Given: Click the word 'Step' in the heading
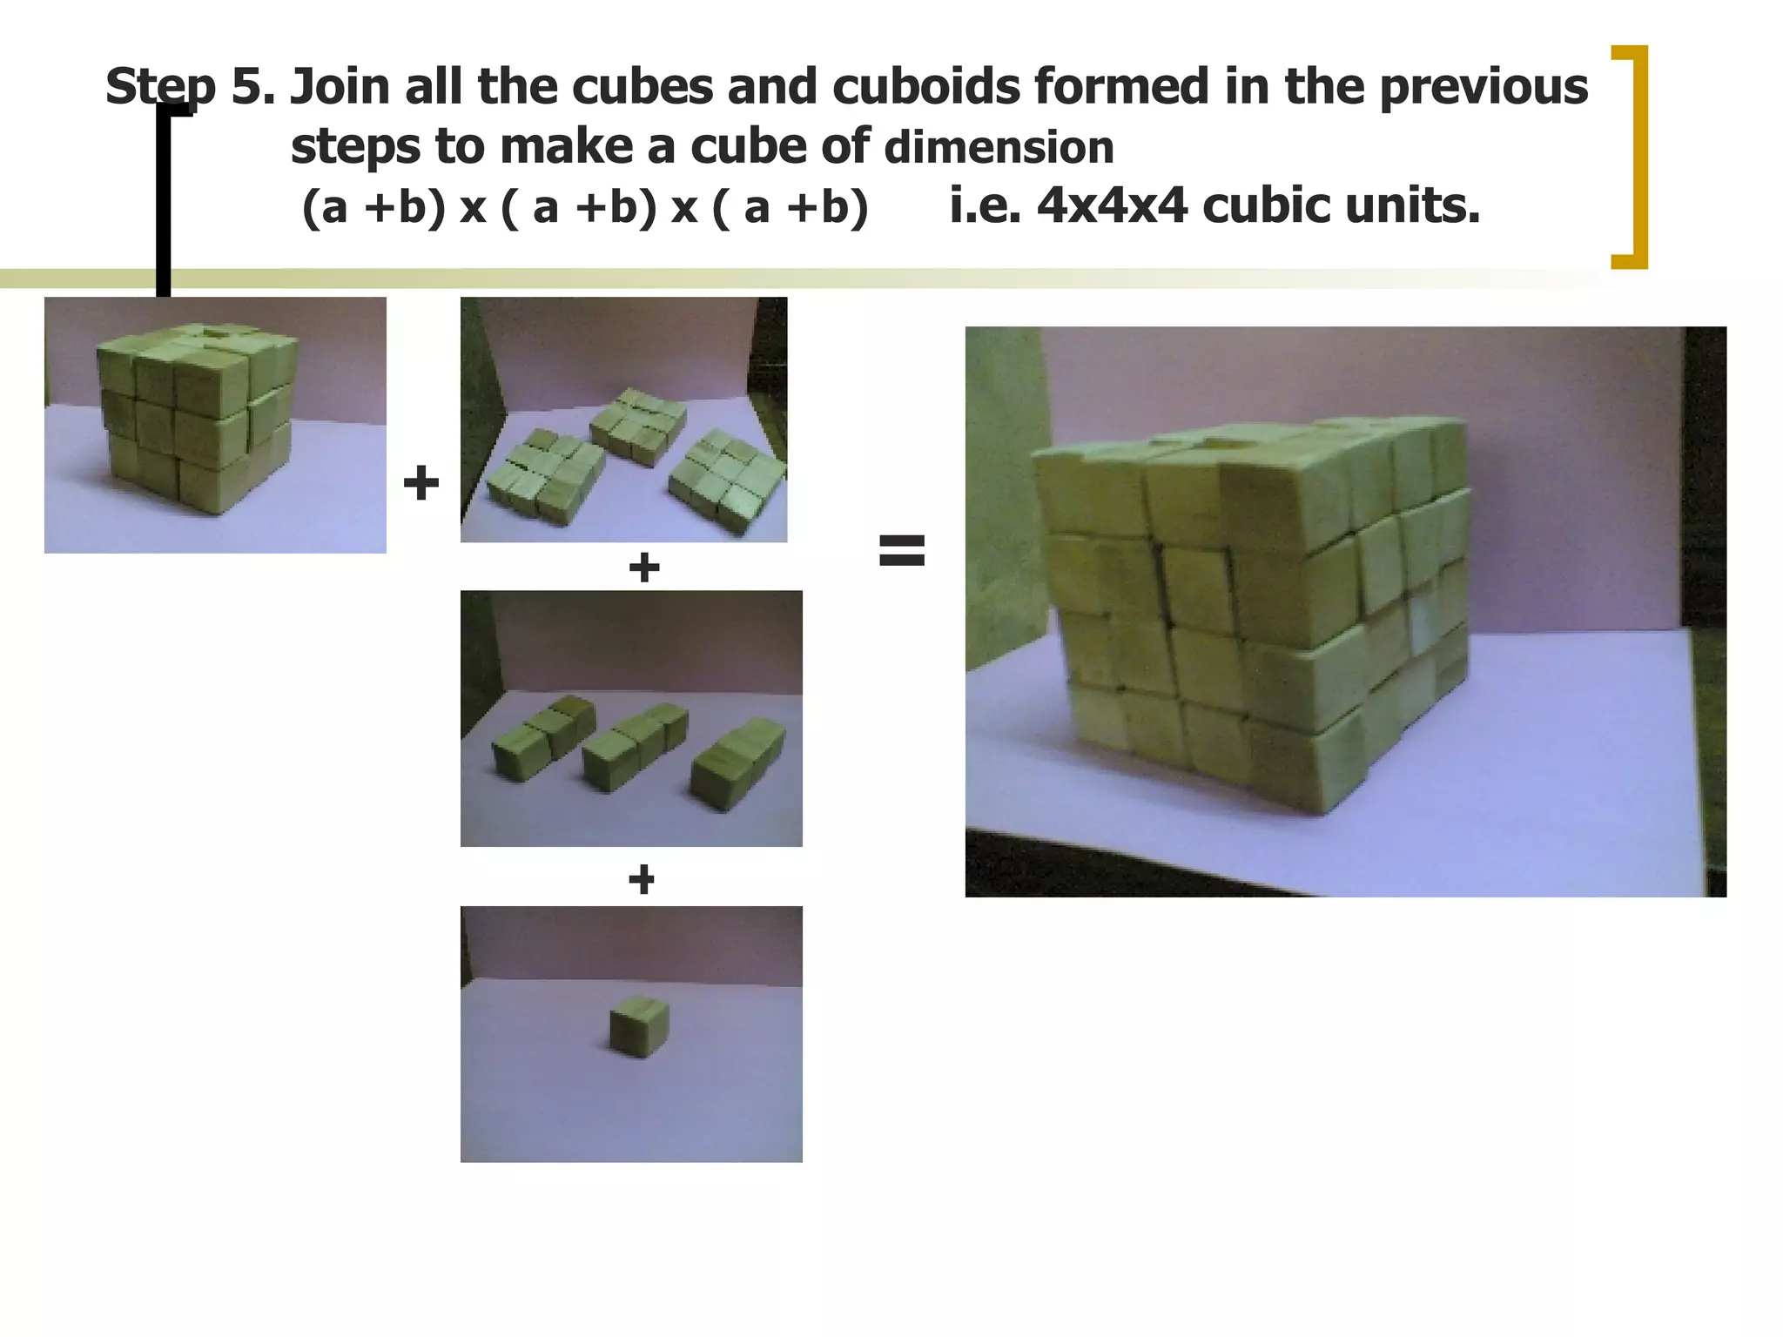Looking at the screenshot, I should tap(159, 87).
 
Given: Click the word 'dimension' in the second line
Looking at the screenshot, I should tap(999, 147).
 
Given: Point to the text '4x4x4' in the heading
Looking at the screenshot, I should tap(1112, 206).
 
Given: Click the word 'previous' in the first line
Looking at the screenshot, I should tap(1483, 87).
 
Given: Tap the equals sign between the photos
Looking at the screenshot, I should tap(901, 550).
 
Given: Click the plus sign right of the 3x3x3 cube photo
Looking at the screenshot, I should tap(421, 482).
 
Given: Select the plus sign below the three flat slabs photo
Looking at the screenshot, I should tap(643, 568).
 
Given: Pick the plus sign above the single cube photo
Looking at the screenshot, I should tap(642, 879).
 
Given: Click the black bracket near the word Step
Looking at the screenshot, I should tap(165, 200).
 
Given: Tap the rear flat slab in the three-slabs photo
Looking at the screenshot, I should tap(637, 427).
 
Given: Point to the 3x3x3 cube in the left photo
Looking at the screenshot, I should tap(195, 418).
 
